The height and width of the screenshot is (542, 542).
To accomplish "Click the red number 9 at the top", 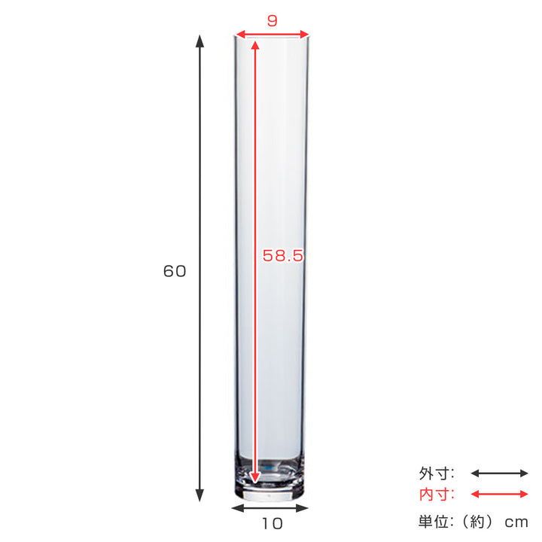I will pyautogui.click(x=272, y=21).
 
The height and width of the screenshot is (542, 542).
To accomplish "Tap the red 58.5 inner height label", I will pyautogui.click(x=282, y=256).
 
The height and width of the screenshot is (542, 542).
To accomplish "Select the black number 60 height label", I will pyautogui.click(x=175, y=272).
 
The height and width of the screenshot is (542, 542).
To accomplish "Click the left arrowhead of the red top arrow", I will pyautogui.click(x=240, y=34).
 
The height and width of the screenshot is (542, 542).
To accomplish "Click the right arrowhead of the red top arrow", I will pyautogui.click(x=305, y=34).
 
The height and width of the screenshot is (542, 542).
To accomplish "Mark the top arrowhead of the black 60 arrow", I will pyautogui.click(x=199, y=39).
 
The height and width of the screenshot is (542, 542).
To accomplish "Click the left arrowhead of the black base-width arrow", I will pyautogui.click(x=236, y=509).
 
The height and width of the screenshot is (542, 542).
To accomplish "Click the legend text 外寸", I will pyautogui.click(x=437, y=473).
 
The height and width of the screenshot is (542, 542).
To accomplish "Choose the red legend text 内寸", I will pyautogui.click(x=437, y=495).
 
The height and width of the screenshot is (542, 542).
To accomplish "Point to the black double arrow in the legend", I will pyautogui.click(x=499, y=473).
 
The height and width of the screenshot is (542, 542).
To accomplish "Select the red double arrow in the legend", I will pyautogui.click(x=499, y=495).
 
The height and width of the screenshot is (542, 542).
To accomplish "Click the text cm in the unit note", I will pyautogui.click(x=517, y=522).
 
